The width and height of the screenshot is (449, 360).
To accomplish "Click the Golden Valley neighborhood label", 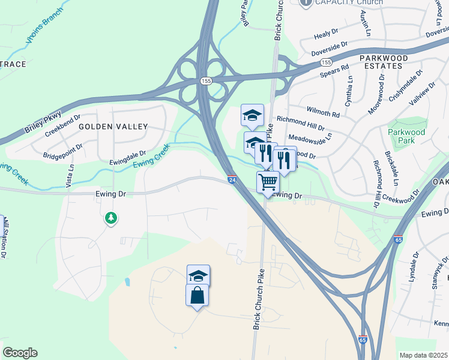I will (113, 127).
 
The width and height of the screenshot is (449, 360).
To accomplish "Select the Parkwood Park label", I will (406, 136).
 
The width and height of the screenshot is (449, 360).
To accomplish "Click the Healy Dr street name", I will (327, 36).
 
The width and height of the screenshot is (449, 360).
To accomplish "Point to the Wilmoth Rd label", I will (323, 112).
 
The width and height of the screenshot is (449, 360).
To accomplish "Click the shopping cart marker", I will (268, 181).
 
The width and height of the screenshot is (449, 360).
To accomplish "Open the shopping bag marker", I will (197, 295).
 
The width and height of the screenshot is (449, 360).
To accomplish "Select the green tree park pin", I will (110, 218).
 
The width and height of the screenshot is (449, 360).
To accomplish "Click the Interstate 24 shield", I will (232, 179).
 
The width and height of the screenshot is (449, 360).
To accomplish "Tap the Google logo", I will (20, 353).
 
